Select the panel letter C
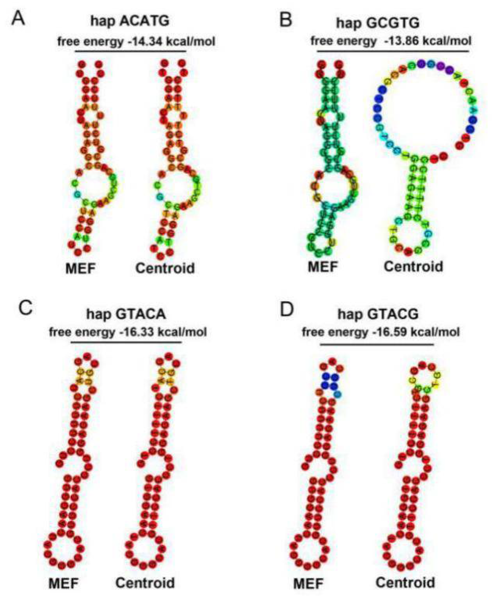tap(25, 309)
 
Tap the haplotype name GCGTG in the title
tap(394, 23)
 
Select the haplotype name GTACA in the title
tap(141, 314)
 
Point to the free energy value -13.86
tap(401, 41)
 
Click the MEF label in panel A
tap(81, 268)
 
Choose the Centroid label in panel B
tap(413, 267)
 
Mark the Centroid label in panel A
tap(165, 268)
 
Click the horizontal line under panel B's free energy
tap(393, 52)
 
